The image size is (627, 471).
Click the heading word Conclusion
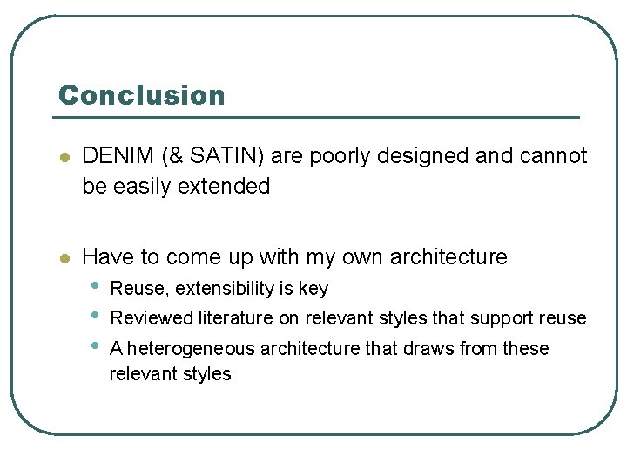(x=141, y=95)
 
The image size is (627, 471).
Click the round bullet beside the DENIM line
(x=63, y=157)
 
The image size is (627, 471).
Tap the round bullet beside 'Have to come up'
(x=63, y=257)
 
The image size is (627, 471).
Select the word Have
(x=108, y=256)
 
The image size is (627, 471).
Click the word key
(x=313, y=288)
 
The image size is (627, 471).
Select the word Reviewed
(x=152, y=317)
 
